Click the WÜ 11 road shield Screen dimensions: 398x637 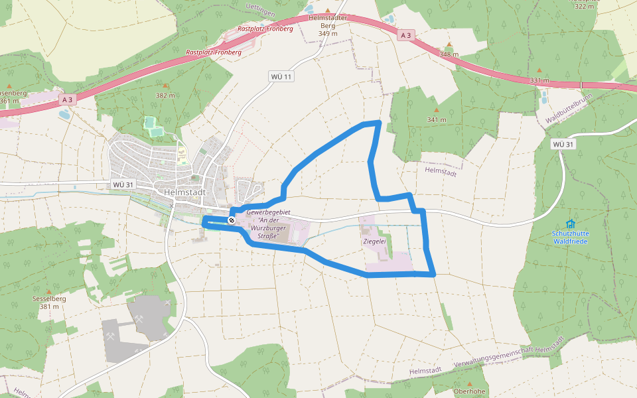coord(281,77)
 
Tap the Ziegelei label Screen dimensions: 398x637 coord(375,241)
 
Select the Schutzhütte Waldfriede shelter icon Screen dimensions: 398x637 coord(570,224)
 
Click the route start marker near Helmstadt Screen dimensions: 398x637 coord(232,220)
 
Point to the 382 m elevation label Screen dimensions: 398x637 coord(165,96)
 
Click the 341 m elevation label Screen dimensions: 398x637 coord(437,120)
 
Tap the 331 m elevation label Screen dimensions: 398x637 coord(539,80)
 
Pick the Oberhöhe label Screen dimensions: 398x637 coord(469,391)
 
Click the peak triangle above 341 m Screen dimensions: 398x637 coord(437,110)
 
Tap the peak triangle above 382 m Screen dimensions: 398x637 coord(165,86)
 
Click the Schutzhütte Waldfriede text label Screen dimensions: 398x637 coord(570,237)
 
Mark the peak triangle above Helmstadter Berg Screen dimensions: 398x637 coord(327,9)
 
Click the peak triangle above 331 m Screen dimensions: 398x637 coord(539,70)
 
